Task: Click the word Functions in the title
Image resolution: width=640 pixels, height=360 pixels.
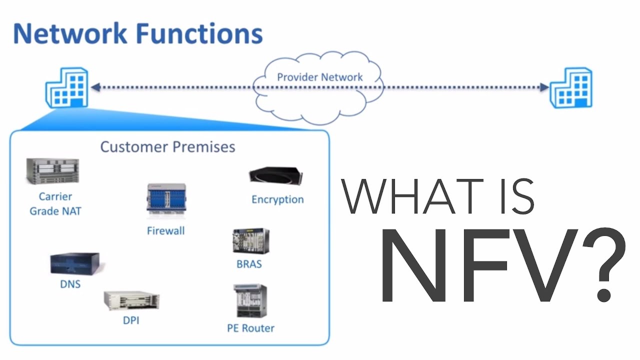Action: tap(198, 34)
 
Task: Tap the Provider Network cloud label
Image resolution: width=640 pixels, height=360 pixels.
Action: tap(320, 77)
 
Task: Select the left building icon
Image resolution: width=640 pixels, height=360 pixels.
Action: tap(66, 88)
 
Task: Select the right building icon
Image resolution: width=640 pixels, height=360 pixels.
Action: tap(571, 88)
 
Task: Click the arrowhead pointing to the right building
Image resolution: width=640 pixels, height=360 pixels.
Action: tap(544, 87)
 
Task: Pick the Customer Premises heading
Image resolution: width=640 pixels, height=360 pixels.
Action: tap(167, 146)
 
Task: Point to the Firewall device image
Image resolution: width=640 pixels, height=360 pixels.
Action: tap(165, 201)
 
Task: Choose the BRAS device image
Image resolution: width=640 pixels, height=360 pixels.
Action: tap(250, 241)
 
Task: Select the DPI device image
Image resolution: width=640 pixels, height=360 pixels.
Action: tap(131, 300)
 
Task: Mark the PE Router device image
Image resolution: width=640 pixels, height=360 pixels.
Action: tap(250, 301)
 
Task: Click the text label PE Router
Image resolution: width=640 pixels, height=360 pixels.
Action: tap(250, 328)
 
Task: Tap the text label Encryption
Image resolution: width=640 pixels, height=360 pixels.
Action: tap(277, 199)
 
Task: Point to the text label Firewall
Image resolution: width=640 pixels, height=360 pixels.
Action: tap(165, 230)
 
